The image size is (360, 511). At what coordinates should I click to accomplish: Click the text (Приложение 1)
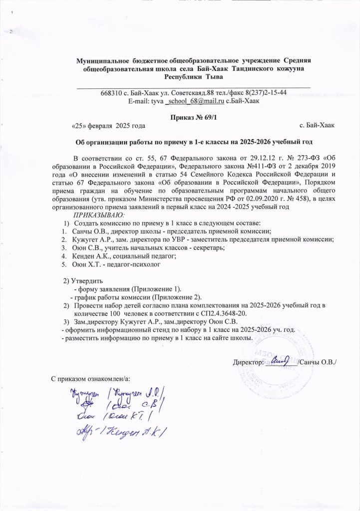155,288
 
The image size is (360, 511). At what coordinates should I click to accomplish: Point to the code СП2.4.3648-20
223,313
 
